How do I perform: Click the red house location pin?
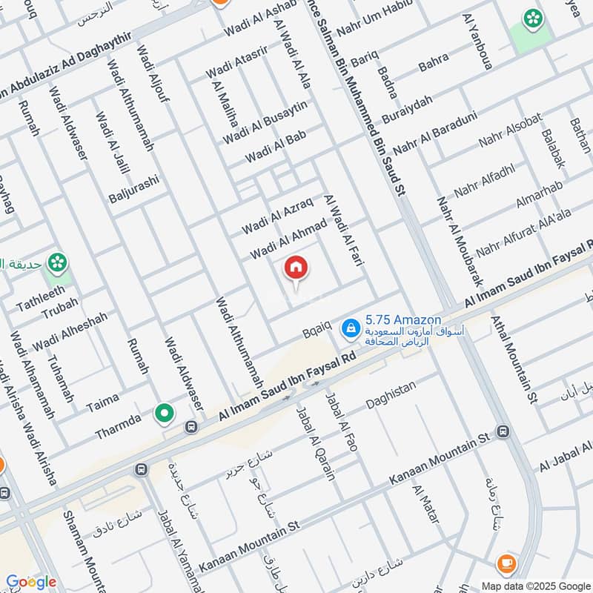click(x=296, y=269)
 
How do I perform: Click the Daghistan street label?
click(x=391, y=394)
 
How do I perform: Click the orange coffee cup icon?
click(x=507, y=563)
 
